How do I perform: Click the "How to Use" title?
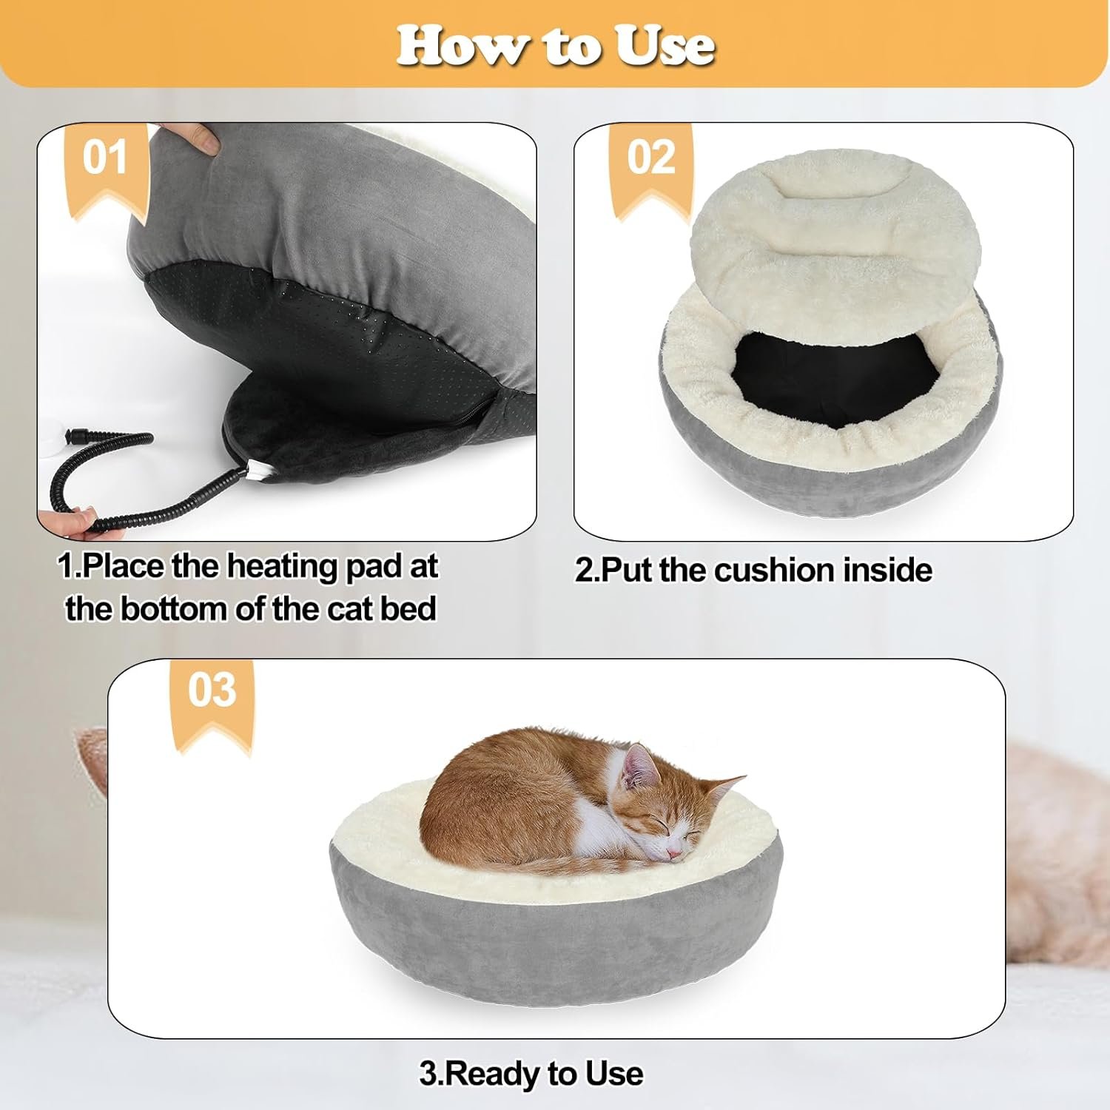point(555,46)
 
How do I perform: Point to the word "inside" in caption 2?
point(888,571)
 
